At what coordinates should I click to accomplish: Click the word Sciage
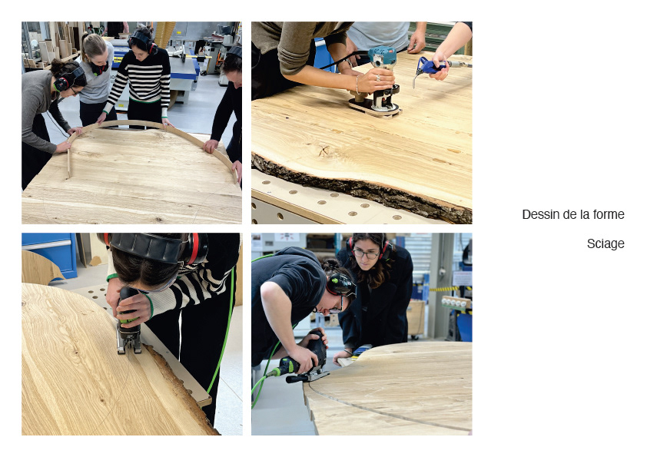pos(606,243)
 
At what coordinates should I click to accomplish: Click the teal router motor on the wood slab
pos(382,57)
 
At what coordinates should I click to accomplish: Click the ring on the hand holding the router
pos(377,77)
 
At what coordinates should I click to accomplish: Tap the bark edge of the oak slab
pos(363,187)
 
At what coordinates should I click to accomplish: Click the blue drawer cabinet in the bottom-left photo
pos(49,254)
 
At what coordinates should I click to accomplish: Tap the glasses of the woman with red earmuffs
pos(365,254)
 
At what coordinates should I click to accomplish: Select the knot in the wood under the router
pos(324,151)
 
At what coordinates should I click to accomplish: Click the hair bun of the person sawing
pos(330,264)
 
